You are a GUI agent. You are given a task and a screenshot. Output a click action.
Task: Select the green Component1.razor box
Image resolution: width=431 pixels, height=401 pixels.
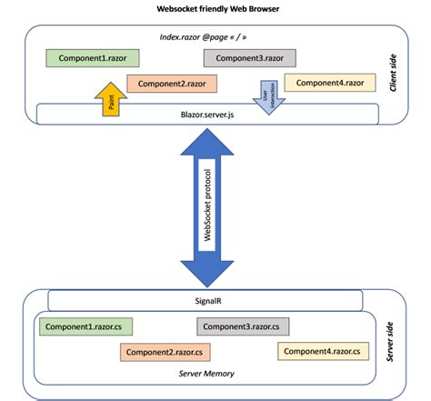93,58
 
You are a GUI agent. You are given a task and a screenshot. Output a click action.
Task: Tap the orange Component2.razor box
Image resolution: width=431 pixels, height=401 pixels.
170,83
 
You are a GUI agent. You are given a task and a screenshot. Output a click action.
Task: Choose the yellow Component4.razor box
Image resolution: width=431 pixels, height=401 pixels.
328,83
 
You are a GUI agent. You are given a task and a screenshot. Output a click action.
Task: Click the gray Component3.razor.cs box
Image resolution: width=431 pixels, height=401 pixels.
244,326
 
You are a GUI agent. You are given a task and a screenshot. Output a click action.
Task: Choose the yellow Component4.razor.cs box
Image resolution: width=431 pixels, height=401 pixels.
326,350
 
